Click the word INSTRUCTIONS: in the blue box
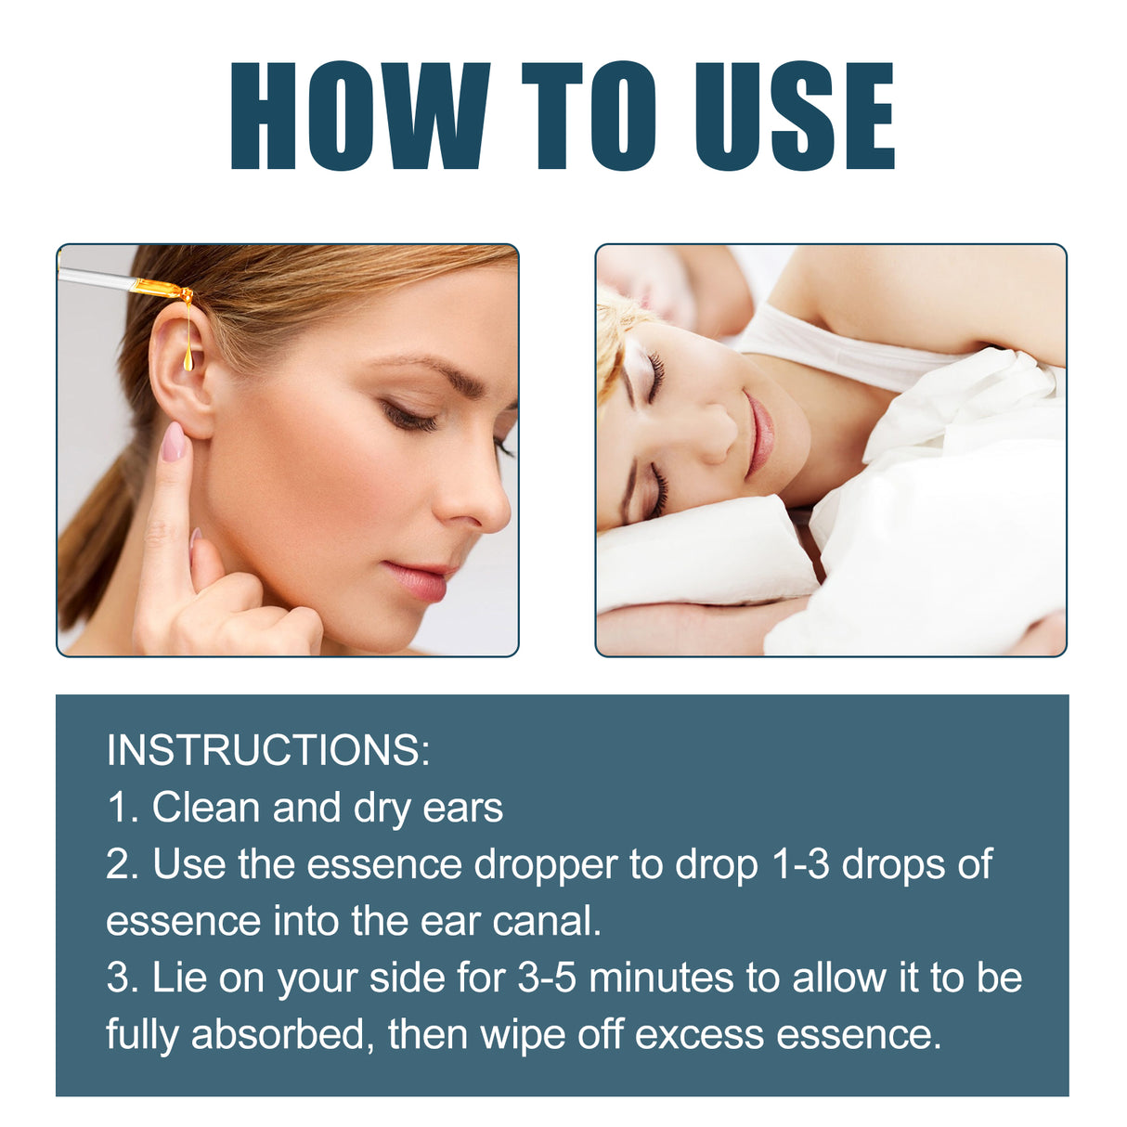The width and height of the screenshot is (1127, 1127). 268,750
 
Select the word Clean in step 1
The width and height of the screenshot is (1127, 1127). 207,808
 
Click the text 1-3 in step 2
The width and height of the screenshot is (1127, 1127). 801,865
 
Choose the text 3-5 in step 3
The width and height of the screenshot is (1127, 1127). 547,978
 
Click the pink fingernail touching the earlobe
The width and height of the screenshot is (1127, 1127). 174,442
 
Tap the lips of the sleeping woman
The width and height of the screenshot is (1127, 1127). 759,434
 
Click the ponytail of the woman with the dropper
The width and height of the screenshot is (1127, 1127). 88,548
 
